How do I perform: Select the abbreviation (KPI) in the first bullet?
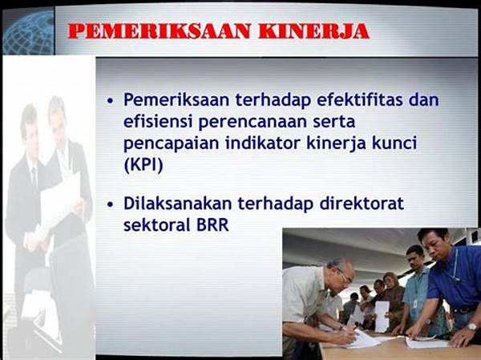(x=143, y=165)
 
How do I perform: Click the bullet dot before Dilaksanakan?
(x=111, y=204)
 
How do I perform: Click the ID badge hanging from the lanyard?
(x=414, y=305)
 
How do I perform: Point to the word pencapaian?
(x=164, y=144)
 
